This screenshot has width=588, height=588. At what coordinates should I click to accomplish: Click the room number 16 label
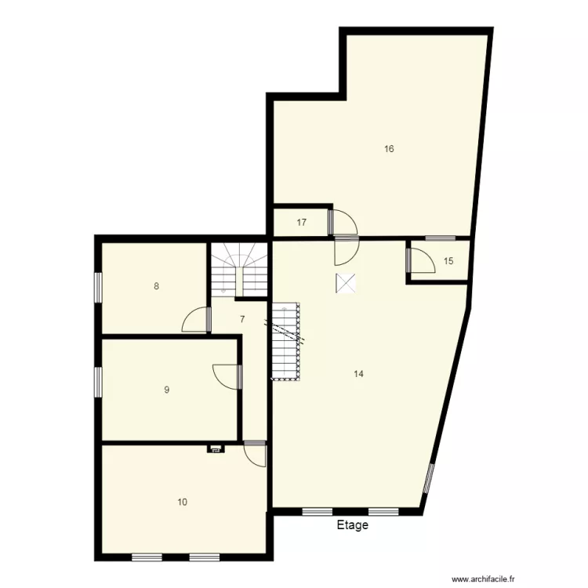(x=389, y=149)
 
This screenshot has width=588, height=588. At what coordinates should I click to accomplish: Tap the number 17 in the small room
(x=302, y=223)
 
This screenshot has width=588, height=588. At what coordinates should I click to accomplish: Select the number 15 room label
(x=448, y=262)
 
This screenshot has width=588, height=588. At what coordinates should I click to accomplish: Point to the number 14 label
(x=358, y=374)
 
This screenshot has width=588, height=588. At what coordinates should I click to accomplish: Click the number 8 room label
(x=157, y=286)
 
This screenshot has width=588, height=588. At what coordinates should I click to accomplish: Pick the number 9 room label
(x=166, y=390)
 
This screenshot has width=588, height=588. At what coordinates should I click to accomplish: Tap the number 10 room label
(x=182, y=502)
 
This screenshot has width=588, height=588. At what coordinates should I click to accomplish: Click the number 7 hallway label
(x=242, y=319)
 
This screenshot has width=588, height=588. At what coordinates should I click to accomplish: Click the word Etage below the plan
(x=352, y=525)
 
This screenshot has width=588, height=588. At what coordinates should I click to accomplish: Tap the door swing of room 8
(x=197, y=320)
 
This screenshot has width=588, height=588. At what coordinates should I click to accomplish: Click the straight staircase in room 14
(x=287, y=341)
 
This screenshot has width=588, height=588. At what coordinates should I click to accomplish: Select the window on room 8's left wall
(x=99, y=286)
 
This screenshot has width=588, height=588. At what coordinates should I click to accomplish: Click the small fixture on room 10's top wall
(x=215, y=449)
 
